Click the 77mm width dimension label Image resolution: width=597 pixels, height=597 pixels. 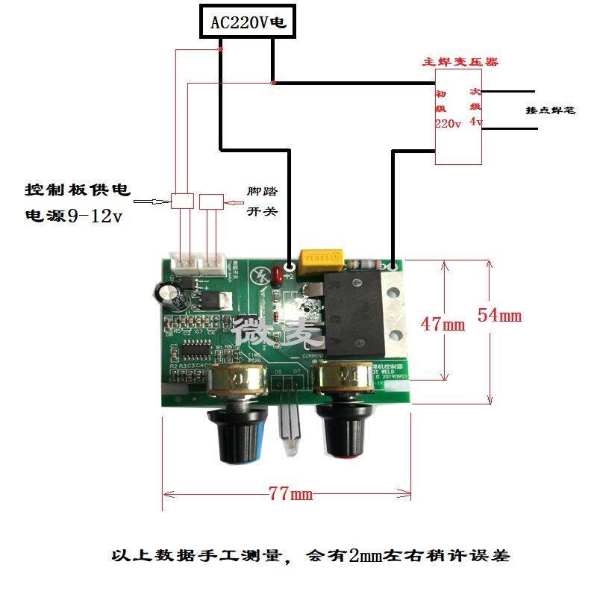(290, 494)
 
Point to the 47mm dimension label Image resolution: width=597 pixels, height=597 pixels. (443, 324)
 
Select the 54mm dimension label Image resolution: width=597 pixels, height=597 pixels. (499, 315)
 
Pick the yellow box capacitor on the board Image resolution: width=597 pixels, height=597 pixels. (320, 258)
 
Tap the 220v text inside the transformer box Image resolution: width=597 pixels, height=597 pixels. (448, 124)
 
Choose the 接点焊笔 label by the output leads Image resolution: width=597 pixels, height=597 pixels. (551, 110)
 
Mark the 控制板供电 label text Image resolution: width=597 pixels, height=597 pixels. (78, 190)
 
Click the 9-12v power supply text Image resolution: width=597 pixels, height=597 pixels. (94, 216)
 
